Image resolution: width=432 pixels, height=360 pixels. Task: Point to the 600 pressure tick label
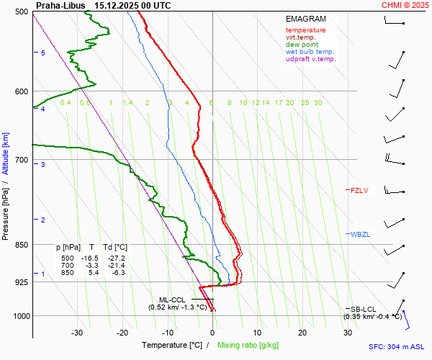click(x=22, y=91)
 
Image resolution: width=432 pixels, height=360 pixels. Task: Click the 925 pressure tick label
click(x=22, y=282)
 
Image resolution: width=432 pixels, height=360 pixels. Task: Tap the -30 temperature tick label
click(x=77, y=333)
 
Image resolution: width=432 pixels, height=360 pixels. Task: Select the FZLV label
click(x=359, y=191)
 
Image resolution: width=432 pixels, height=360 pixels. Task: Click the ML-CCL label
click(x=173, y=300)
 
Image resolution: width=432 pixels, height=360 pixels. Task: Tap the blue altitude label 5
click(x=43, y=53)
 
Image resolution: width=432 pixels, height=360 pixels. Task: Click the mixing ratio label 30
click(x=318, y=103)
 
